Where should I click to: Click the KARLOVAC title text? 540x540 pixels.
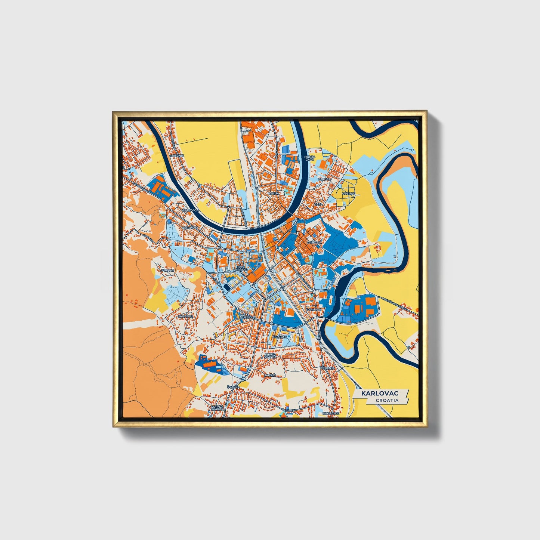point(379,394)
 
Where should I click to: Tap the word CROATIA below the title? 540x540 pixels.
point(387,400)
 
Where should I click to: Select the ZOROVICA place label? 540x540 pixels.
point(191,210)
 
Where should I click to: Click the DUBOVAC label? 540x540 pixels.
point(189,227)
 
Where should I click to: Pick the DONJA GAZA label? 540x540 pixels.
point(309,158)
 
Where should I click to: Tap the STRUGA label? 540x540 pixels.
point(325,179)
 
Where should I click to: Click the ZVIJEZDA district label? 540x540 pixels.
point(314,243)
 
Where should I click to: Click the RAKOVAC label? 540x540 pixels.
point(313,310)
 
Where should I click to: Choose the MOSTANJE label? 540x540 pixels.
point(331,413)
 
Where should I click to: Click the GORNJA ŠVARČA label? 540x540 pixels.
point(217,408)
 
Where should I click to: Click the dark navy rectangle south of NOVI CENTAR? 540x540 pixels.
point(227,287)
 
